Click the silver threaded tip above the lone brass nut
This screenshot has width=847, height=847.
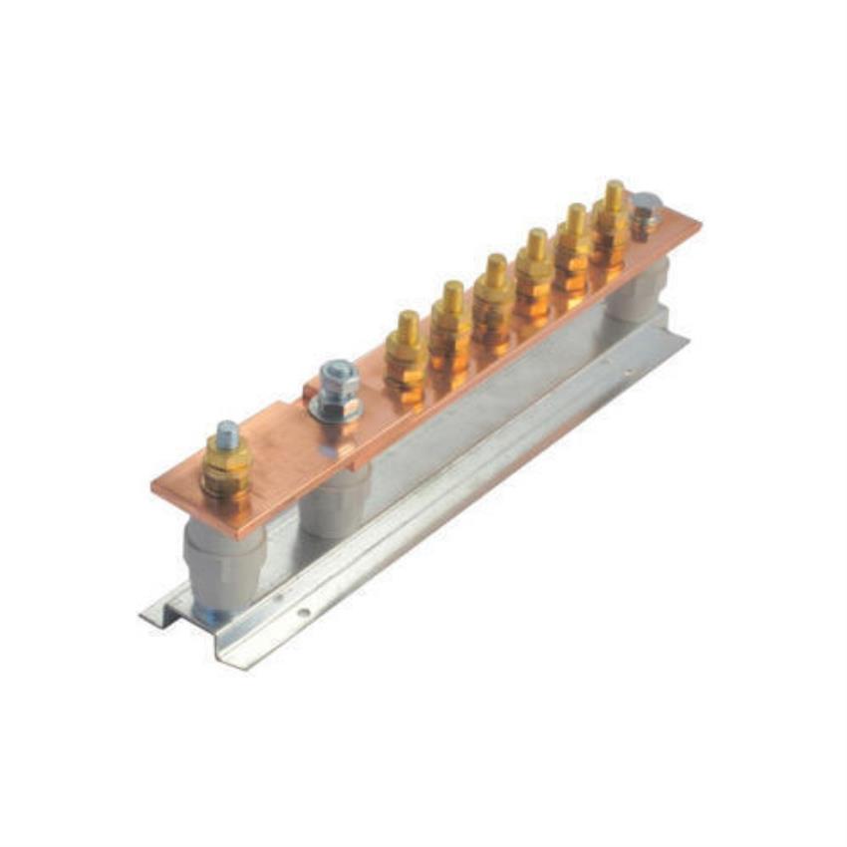pyautogui.click(x=228, y=435)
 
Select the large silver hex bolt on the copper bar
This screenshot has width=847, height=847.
pyautogui.click(x=339, y=381)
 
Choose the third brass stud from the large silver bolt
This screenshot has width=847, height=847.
pyautogui.click(x=494, y=298)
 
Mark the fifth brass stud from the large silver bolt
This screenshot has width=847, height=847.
pyautogui.click(x=575, y=244)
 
